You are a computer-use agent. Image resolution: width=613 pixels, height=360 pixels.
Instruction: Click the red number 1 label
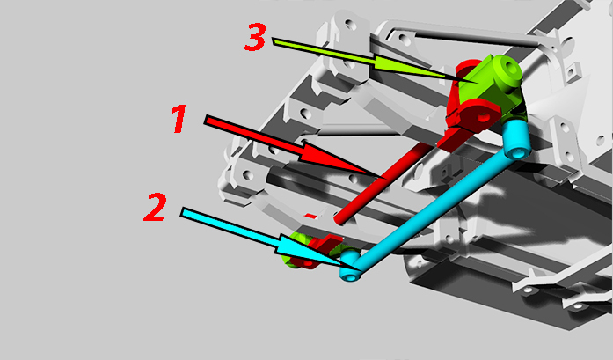coord(179,119)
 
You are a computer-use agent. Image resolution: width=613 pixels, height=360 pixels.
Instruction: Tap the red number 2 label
coord(155,207)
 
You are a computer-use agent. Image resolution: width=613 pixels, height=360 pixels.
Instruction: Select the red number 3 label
coord(255,37)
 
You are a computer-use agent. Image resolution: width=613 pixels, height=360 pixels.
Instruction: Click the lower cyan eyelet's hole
coord(350,277)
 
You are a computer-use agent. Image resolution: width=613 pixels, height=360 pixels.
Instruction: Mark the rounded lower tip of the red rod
coord(339,220)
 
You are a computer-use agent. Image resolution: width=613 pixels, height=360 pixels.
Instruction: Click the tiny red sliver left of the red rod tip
coord(310,216)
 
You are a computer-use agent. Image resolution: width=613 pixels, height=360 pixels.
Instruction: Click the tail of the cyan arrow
coord(182,212)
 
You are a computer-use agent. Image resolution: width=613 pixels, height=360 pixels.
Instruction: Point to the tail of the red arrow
coord(206,120)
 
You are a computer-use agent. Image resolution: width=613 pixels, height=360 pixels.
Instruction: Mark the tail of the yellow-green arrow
coord(274,41)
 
